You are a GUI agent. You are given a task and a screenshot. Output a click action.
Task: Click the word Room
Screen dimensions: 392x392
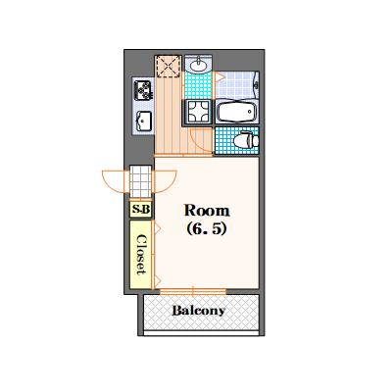click(x=208, y=211)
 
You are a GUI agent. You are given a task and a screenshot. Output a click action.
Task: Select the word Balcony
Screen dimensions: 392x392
click(x=199, y=311)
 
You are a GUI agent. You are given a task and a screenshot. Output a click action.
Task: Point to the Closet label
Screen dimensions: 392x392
click(x=141, y=253)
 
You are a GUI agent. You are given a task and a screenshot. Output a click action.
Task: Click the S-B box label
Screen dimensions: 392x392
click(x=141, y=210)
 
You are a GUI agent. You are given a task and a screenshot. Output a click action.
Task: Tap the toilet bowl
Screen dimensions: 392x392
click(x=247, y=140)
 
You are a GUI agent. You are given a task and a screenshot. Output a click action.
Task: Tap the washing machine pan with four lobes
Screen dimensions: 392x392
click(x=199, y=111)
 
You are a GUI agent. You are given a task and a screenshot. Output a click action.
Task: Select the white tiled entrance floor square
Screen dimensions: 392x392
click(x=141, y=182)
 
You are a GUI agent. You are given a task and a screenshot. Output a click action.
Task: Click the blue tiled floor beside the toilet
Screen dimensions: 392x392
click(x=224, y=142)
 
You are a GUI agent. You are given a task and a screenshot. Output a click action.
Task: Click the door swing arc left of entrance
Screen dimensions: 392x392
click(x=114, y=182)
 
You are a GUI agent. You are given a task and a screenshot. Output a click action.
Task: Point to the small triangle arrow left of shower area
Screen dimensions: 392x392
click(x=220, y=76)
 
